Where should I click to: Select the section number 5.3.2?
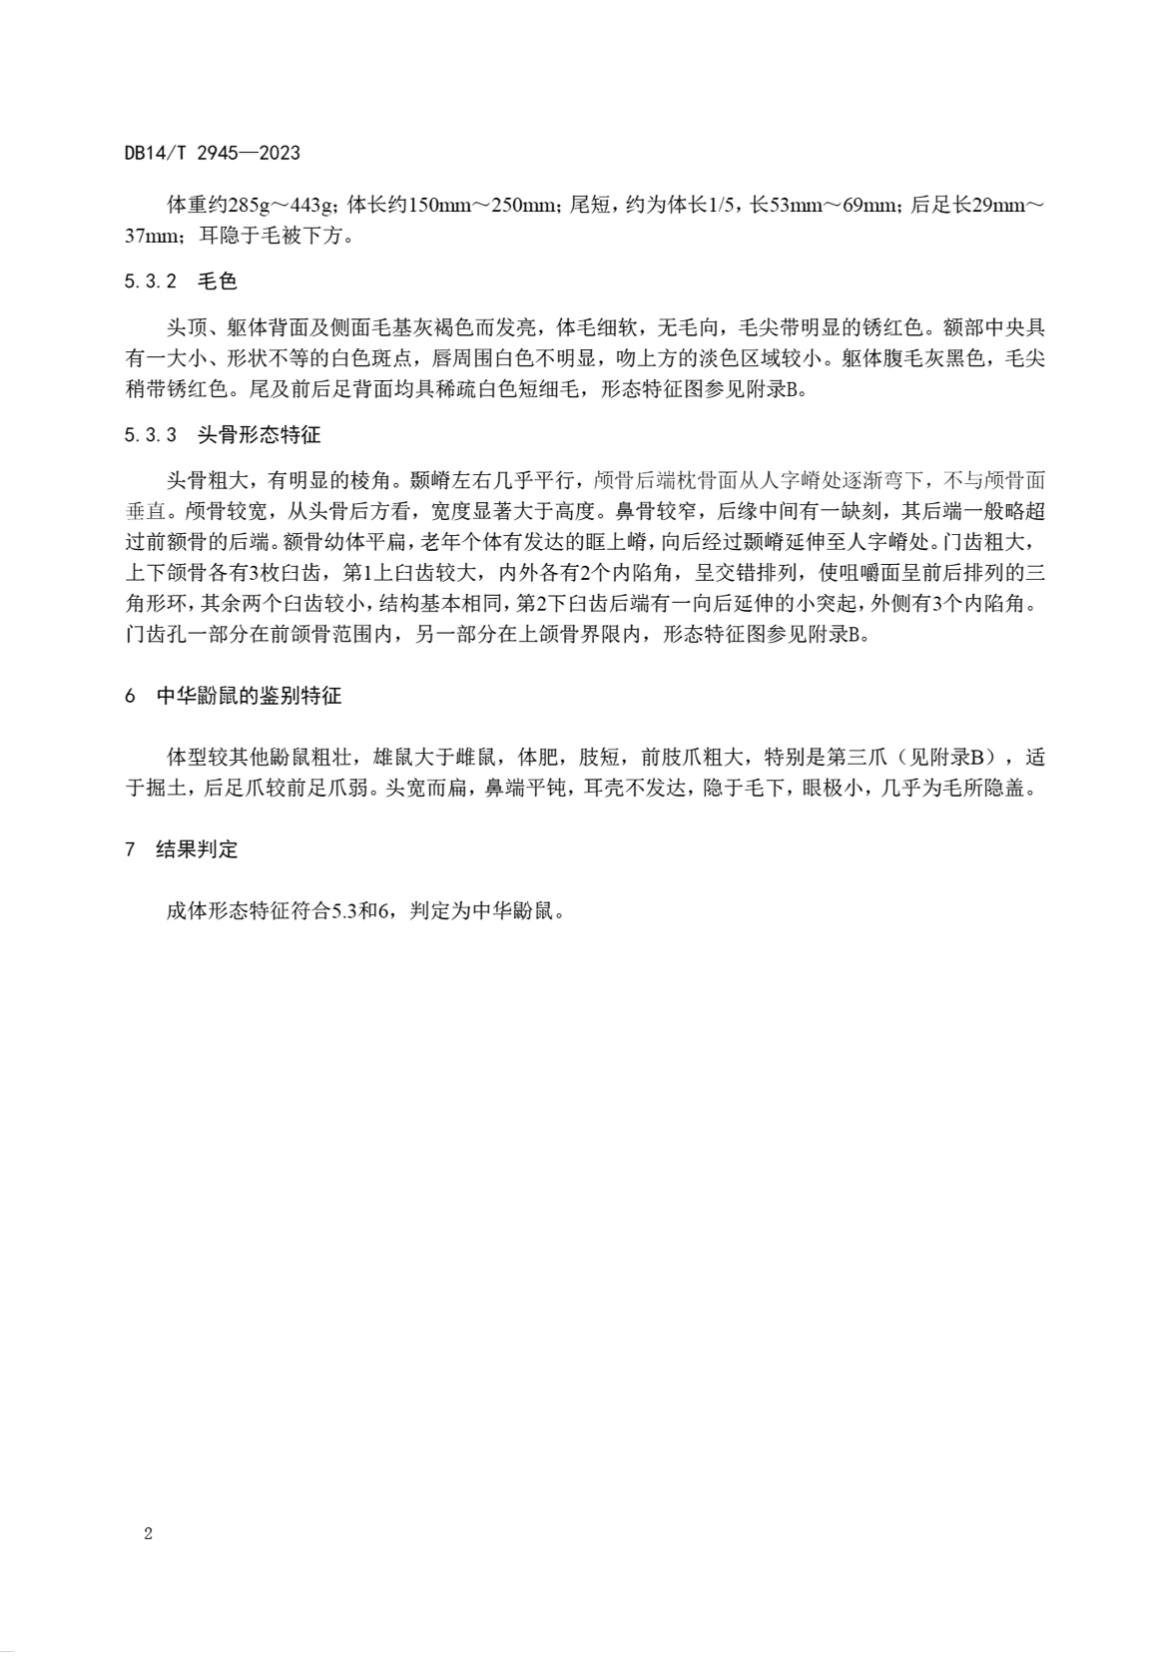point(151,282)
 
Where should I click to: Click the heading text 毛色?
point(218,282)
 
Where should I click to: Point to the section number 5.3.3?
point(151,435)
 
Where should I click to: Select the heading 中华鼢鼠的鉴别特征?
point(249,697)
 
